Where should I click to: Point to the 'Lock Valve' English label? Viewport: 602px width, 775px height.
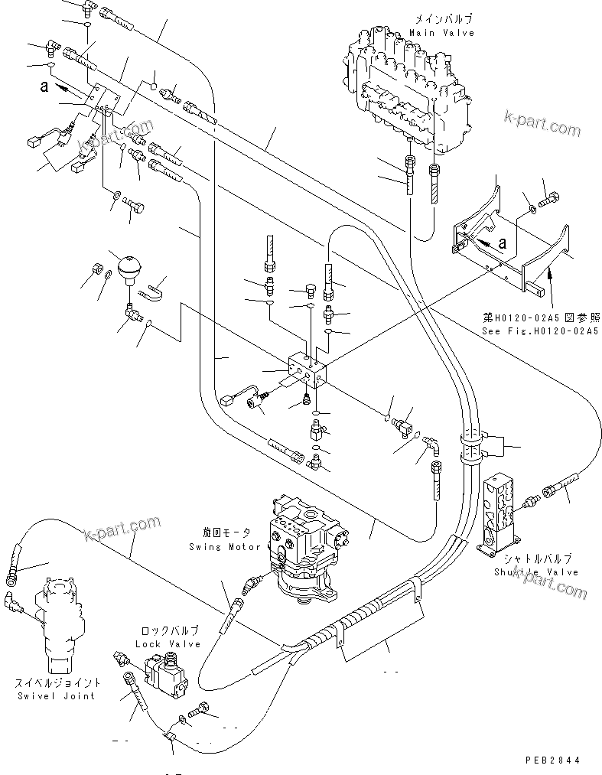coord(169,643)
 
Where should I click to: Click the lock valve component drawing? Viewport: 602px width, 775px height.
coord(169,676)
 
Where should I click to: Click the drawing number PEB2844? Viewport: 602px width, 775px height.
coord(554,760)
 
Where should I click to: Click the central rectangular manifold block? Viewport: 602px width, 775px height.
coord(306,372)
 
